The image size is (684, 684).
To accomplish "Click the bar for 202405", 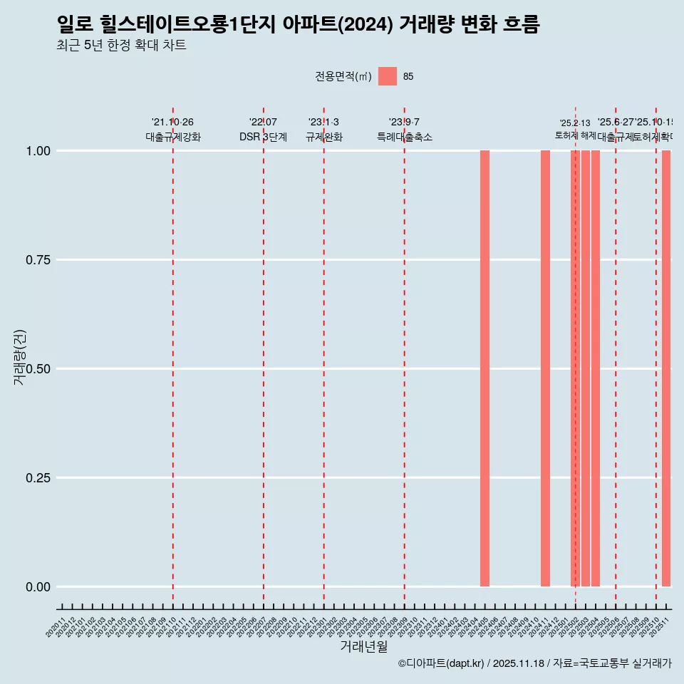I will click(484, 368).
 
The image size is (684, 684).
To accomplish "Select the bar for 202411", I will click(545, 368).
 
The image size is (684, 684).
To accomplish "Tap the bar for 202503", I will click(585, 368).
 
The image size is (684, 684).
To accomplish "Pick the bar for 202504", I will click(596, 368).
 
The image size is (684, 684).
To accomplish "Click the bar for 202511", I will click(666, 368).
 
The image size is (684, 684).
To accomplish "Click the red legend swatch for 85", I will click(387, 76).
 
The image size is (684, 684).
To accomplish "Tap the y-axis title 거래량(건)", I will click(20, 358).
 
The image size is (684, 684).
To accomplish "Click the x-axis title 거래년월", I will click(364, 647).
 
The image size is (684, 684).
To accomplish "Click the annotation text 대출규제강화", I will click(173, 137).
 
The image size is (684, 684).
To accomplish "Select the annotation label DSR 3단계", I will click(263, 137).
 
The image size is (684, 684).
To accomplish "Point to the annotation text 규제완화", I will click(324, 137).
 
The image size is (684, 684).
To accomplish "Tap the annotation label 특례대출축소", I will click(405, 137).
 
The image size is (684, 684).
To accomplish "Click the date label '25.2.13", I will click(575, 123).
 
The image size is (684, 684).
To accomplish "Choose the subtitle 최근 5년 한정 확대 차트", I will click(121, 46).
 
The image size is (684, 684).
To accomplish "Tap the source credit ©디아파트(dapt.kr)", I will click(441, 663).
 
